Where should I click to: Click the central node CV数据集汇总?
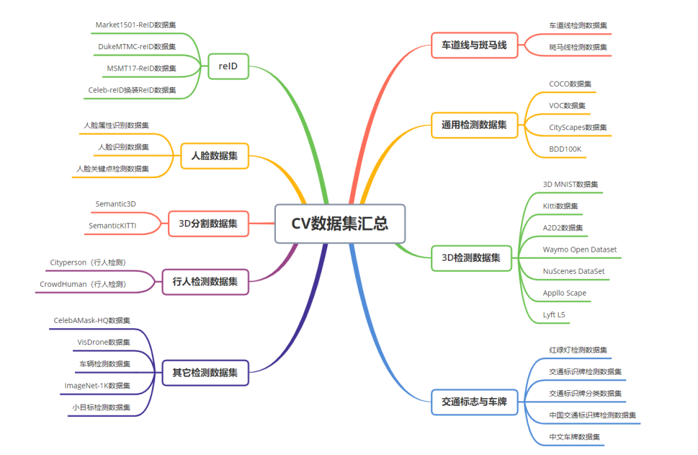340,224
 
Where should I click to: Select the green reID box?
228,66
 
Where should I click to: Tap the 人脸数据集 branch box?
214,156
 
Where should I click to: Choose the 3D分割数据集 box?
208,224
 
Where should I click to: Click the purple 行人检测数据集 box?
205,282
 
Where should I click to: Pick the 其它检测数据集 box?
205,373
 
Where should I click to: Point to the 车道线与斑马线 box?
474,45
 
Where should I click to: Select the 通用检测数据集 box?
474,125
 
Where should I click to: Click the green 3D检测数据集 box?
471,258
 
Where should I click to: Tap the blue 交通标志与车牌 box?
474,402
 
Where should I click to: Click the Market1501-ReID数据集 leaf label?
136,25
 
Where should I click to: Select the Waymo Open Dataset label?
580,250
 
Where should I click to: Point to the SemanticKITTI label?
112,226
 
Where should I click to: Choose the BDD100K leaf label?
566,149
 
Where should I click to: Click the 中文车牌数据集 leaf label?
575,437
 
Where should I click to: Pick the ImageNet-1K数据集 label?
97,386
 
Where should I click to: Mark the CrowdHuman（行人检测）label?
83,284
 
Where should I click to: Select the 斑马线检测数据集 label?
578,47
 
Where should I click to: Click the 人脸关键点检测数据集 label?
112,169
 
